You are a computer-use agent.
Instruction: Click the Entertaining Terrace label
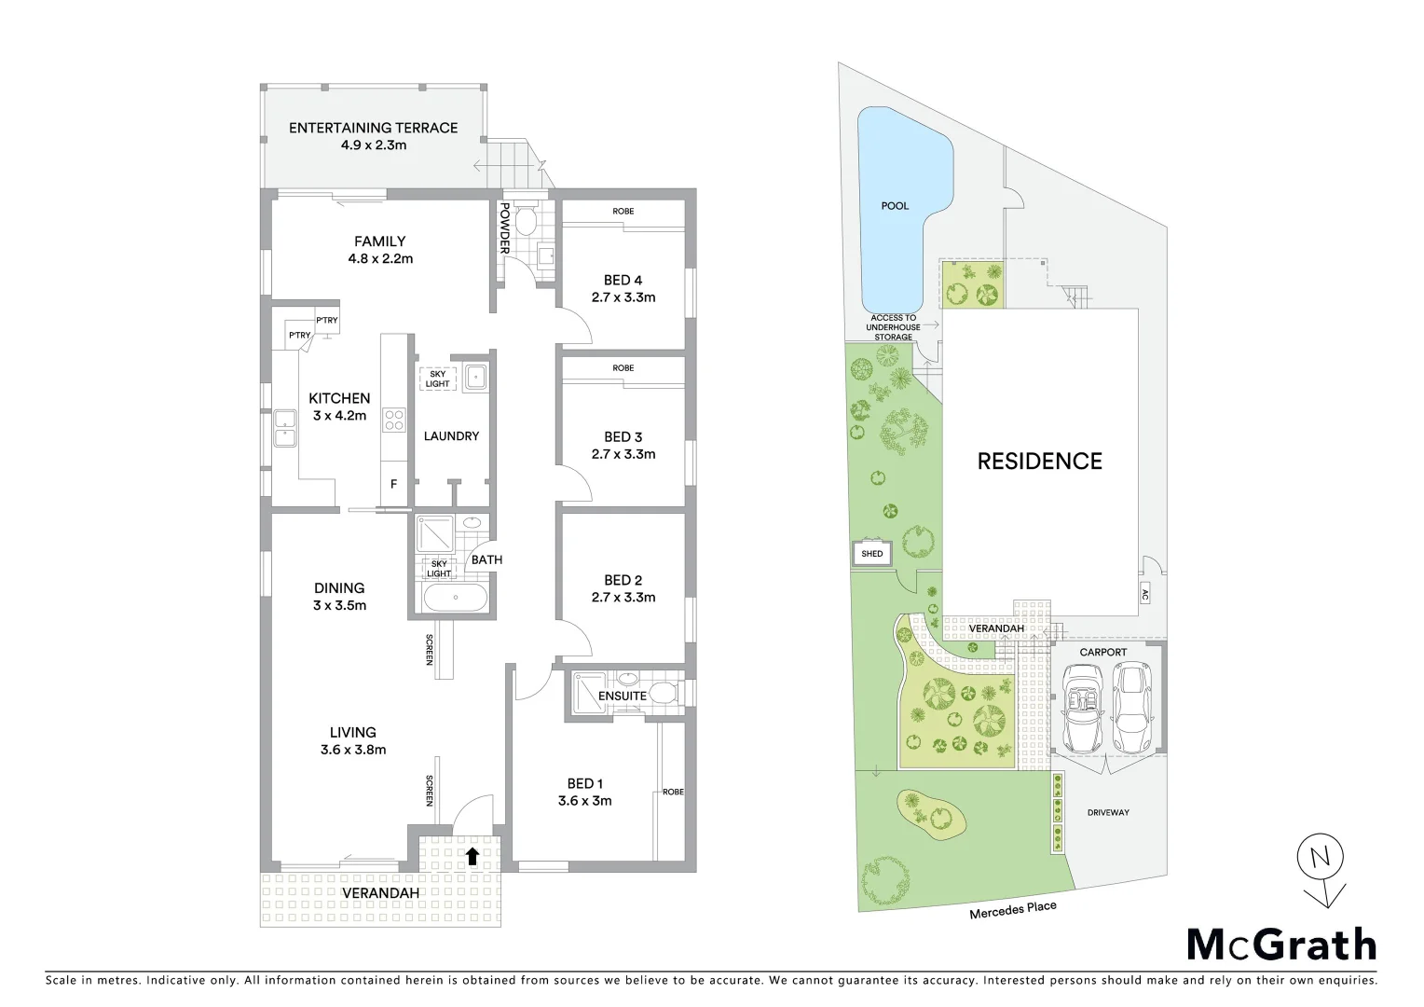pyautogui.click(x=373, y=129)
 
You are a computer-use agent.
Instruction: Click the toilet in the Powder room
pyautogui.click(x=525, y=221)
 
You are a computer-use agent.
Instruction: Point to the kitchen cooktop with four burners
pyautogui.click(x=394, y=421)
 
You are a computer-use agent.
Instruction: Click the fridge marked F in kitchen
pyautogui.click(x=393, y=485)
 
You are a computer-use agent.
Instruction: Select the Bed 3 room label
pyautogui.click(x=623, y=436)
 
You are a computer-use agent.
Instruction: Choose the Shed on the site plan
pyautogui.click(x=871, y=554)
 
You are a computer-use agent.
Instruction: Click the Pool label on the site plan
pyautogui.click(x=895, y=205)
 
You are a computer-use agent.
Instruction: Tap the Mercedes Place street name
pyautogui.click(x=1012, y=910)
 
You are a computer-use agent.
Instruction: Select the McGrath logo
pyautogui.click(x=1280, y=945)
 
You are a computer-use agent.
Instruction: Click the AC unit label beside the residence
pyautogui.click(x=1144, y=594)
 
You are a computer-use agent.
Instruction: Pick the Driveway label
pyautogui.click(x=1108, y=812)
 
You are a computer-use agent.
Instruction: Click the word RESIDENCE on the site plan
pyautogui.click(x=1039, y=461)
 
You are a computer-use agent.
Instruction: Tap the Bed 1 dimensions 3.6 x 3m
pyautogui.click(x=584, y=801)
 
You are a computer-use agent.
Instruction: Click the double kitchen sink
pyautogui.click(x=283, y=429)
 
